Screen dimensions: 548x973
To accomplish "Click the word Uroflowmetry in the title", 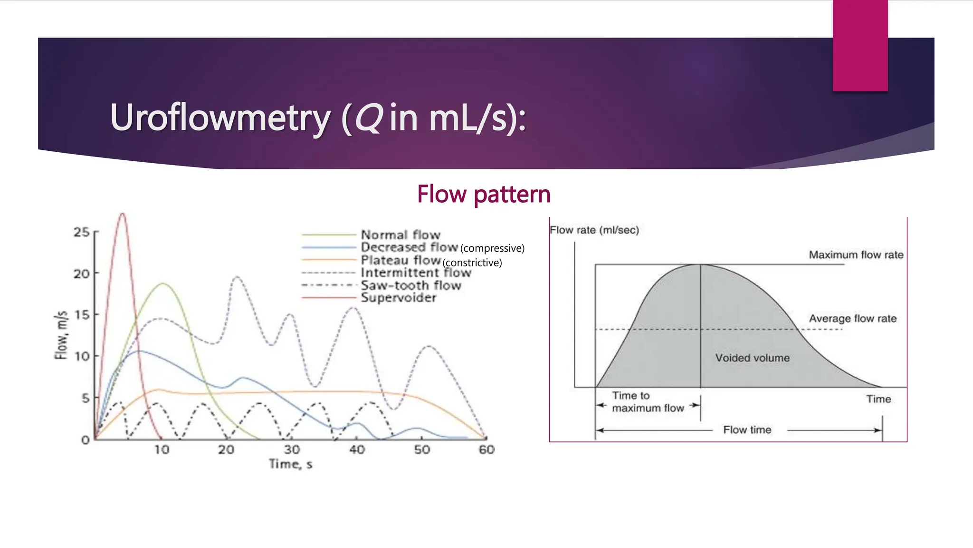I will [x=219, y=118].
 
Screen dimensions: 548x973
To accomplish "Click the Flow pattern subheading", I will [x=484, y=194].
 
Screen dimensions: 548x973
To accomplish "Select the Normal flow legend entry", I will [x=401, y=235].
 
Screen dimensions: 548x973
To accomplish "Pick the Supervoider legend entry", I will [x=398, y=298].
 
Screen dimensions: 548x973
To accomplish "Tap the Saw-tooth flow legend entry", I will [x=411, y=285].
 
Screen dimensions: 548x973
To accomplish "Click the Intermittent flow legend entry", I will [x=416, y=273].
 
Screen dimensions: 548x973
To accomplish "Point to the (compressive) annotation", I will [x=492, y=248].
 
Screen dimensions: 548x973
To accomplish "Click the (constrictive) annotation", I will [x=472, y=263].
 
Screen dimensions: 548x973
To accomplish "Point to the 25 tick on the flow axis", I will [x=81, y=232].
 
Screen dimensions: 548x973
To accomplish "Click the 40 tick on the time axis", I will [x=357, y=450].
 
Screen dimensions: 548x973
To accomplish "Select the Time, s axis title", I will [x=290, y=464].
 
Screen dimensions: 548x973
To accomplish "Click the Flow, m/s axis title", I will [x=61, y=335].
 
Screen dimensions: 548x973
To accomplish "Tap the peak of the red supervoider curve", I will [x=123, y=214].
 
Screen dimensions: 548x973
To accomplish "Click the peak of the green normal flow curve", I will [x=163, y=284].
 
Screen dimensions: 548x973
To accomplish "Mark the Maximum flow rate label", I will [x=856, y=255].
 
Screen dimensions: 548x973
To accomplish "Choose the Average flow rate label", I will [x=852, y=318].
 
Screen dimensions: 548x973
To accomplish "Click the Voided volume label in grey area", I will [x=752, y=358].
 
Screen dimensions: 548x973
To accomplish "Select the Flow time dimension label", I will [x=747, y=430].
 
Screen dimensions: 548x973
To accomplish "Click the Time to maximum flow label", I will [x=647, y=402].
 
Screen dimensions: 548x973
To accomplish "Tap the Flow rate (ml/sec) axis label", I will [x=594, y=230].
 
